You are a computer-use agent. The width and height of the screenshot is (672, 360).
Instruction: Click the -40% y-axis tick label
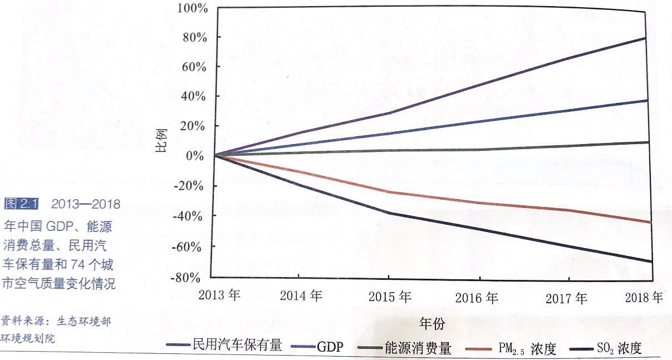(192, 216)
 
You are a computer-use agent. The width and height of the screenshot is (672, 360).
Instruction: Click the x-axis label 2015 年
(390, 297)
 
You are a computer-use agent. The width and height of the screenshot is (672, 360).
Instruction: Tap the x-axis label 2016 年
(476, 298)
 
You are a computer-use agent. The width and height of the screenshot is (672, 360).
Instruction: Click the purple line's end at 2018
(645, 38)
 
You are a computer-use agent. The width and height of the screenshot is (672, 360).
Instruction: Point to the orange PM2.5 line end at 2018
(650, 223)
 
